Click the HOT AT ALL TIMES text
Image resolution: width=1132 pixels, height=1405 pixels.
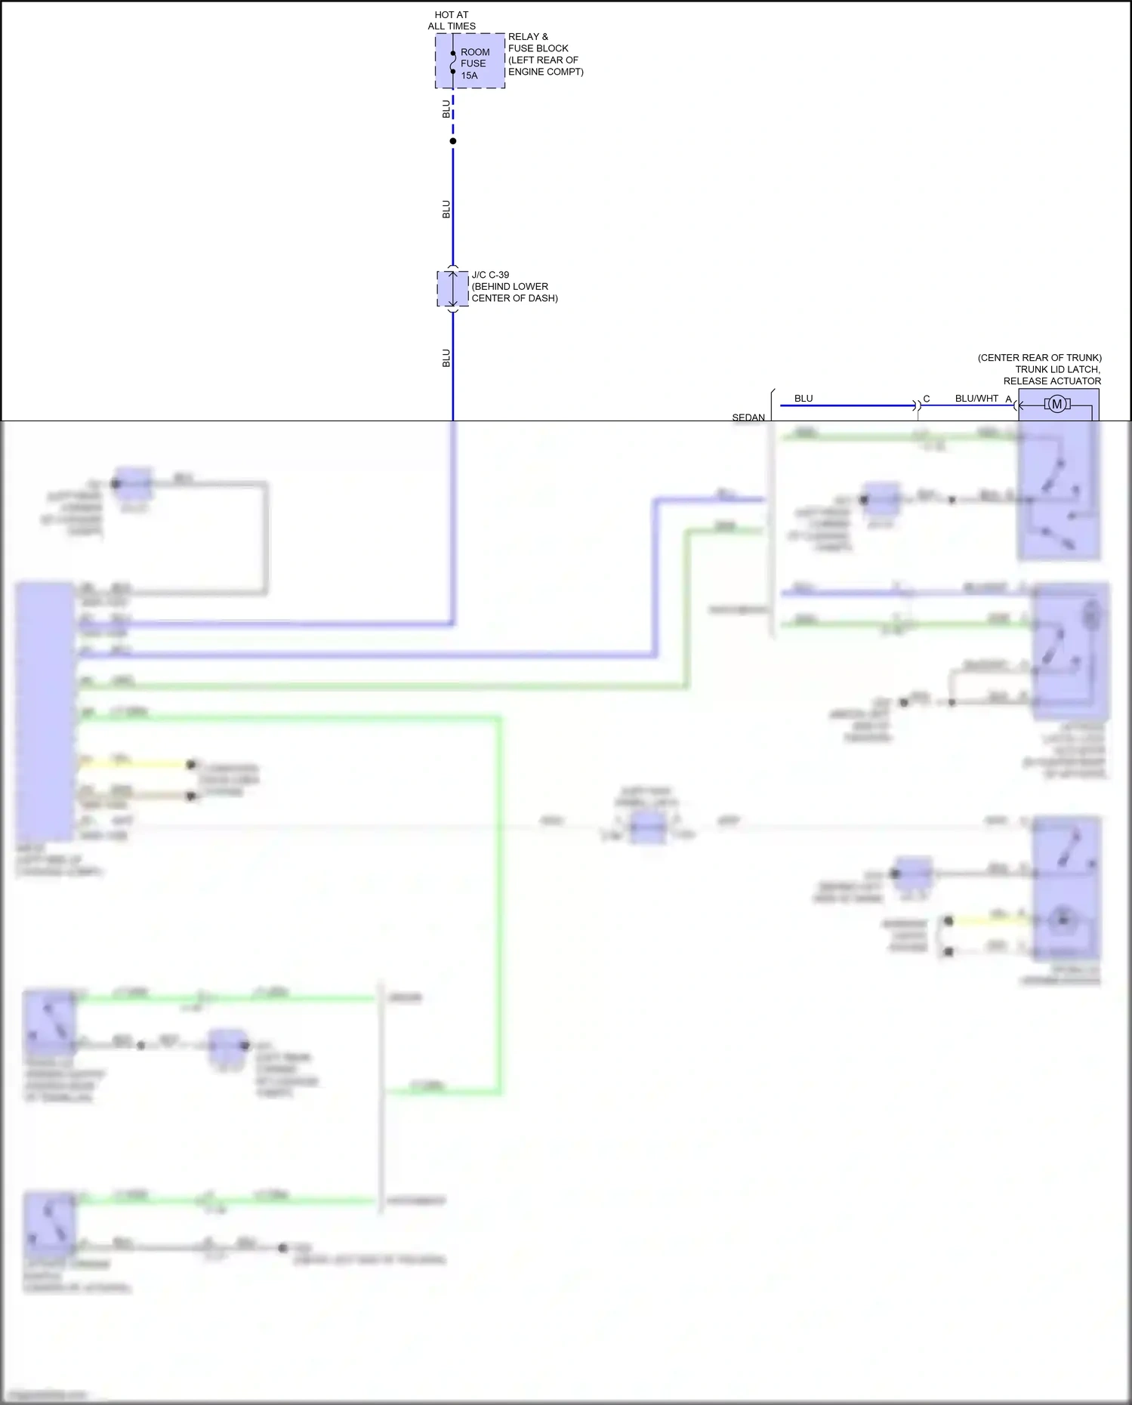click(x=452, y=20)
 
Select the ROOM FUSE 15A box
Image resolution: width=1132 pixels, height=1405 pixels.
click(x=470, y=61)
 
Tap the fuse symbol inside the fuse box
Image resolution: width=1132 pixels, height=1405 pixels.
click(x=453, y=63)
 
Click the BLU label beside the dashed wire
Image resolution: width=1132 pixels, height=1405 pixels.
click(x=446, y=109)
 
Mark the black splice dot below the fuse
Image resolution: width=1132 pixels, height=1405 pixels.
click(x=453, y=141)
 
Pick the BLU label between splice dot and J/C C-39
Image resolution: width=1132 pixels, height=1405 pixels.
click(x=446, y=209)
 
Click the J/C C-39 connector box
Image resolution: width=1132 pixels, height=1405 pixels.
click(x=452, y=288)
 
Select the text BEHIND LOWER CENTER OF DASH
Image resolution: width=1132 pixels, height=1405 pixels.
click(x=514, y=292)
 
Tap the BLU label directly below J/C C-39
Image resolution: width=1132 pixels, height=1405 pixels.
click(x=446, y=358)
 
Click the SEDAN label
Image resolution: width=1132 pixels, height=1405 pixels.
click(x=748, y=417)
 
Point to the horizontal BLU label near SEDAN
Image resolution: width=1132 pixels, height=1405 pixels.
click(x=804, y=399)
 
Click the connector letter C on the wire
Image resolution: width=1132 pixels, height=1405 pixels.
click(x=927, y=399)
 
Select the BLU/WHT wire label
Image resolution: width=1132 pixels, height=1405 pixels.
click(x=976, y=399)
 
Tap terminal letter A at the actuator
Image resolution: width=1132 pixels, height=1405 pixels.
click(x=1008, y=399)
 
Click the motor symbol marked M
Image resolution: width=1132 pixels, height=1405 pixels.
click(x=1057, y=405)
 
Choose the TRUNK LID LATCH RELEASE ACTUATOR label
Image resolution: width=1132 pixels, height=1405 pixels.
click(x=1052, y=375)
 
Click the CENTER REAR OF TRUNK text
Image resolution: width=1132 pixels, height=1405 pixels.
click(x=1039, y=358)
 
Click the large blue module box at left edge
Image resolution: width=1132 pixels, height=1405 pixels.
click(x=45, y=710)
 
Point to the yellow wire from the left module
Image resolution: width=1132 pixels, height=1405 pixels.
click(x=136, y=764)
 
